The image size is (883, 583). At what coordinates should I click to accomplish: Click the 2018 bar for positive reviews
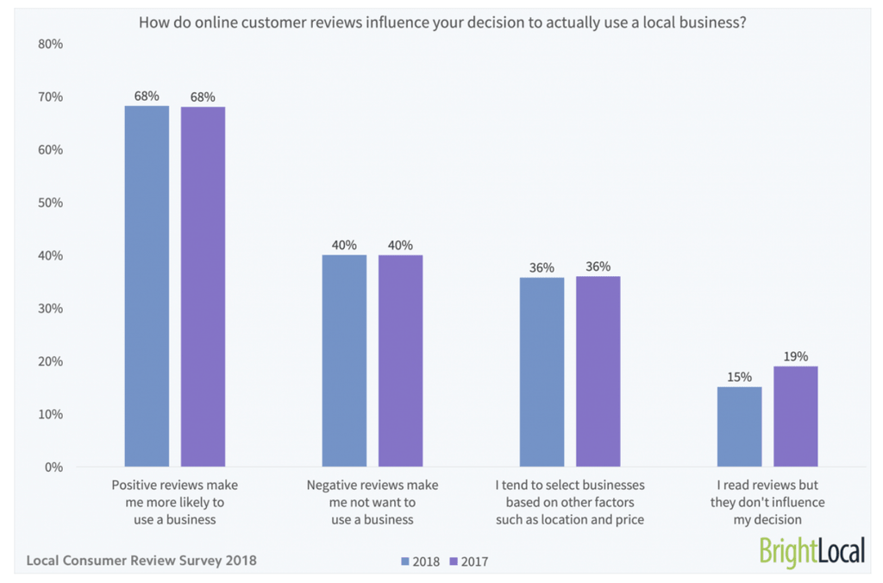pos(147,285)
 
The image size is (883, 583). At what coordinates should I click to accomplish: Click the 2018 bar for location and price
pos(542,372)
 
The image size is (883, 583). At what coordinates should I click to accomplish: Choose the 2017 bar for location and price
pos(598,371)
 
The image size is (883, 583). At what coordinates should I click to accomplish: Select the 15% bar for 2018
pos(739,426)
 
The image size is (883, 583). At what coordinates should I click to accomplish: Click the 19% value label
pos(795,356)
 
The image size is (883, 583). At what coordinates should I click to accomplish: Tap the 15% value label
pos(739,377)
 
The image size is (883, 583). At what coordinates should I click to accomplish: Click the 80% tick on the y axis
pos(51,44)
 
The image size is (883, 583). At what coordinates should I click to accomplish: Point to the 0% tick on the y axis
pos(53,467)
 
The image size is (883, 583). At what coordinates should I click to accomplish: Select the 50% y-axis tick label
pos(51,203)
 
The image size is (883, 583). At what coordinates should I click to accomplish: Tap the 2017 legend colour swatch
pos(453,561)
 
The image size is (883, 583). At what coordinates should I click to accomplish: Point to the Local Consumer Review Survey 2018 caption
pos(141,561)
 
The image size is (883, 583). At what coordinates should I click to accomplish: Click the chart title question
pos(441,22)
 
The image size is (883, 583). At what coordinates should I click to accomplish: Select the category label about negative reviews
pos(373,502)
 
